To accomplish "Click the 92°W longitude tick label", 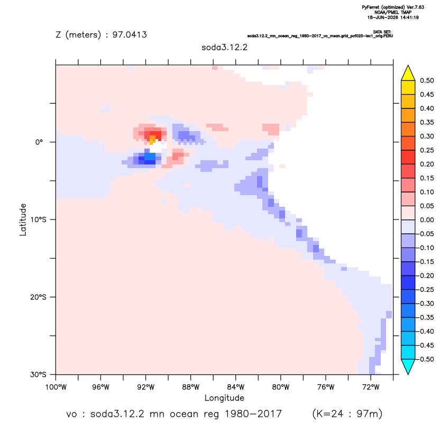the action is pos(145,387).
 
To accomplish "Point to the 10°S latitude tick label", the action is pos(38,219).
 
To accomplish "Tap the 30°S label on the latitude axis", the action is pos(38,374).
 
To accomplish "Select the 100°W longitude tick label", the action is pos(56,387).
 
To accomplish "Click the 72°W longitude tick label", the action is pos(371,387).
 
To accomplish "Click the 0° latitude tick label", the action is pos(39,142).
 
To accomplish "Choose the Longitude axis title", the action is pos(224,398).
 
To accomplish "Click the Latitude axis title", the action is pos(23,219).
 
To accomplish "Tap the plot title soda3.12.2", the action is pos(224,47).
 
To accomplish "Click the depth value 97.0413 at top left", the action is pos(130,34).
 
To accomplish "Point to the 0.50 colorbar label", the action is pos(427,80).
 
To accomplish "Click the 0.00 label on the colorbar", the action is pos(427,220).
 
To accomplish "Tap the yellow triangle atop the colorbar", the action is pos(408,73).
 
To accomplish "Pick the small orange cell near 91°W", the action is pos(152,140).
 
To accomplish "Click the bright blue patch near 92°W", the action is pos(150,157).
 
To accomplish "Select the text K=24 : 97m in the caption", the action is pos(347,414).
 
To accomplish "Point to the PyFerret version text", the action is pos(393,7).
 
